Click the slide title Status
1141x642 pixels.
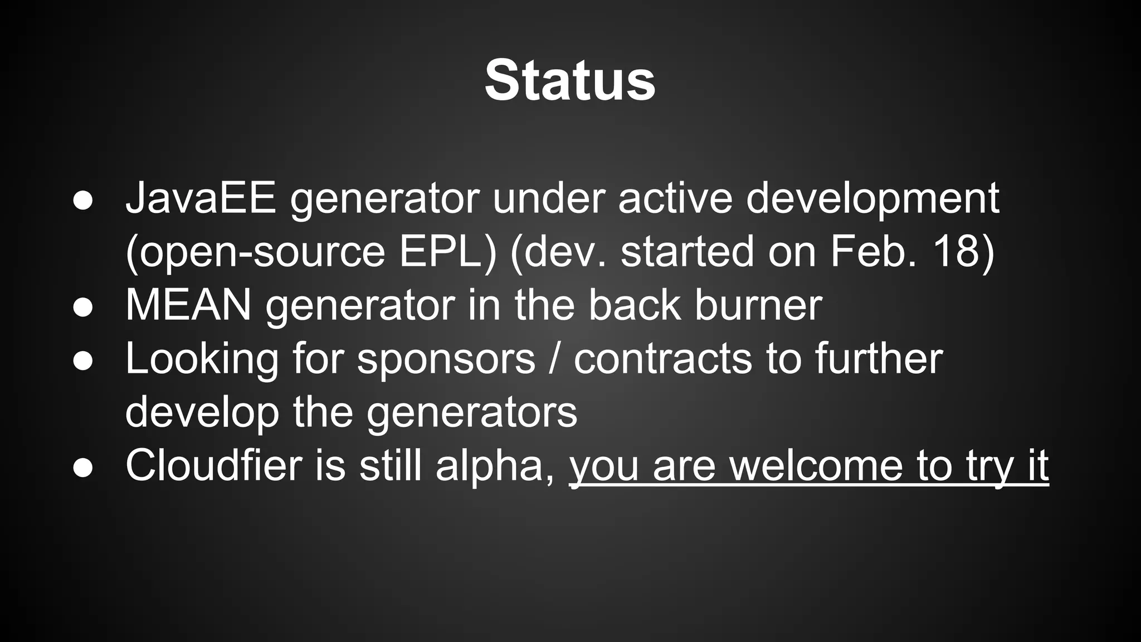point(570,81)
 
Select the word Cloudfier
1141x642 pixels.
point(213,465)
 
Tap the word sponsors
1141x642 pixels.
point(446,359)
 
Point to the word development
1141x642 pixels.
point(872,200)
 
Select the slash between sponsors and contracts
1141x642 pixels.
point(554,359)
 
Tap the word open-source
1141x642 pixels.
point(262,252)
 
